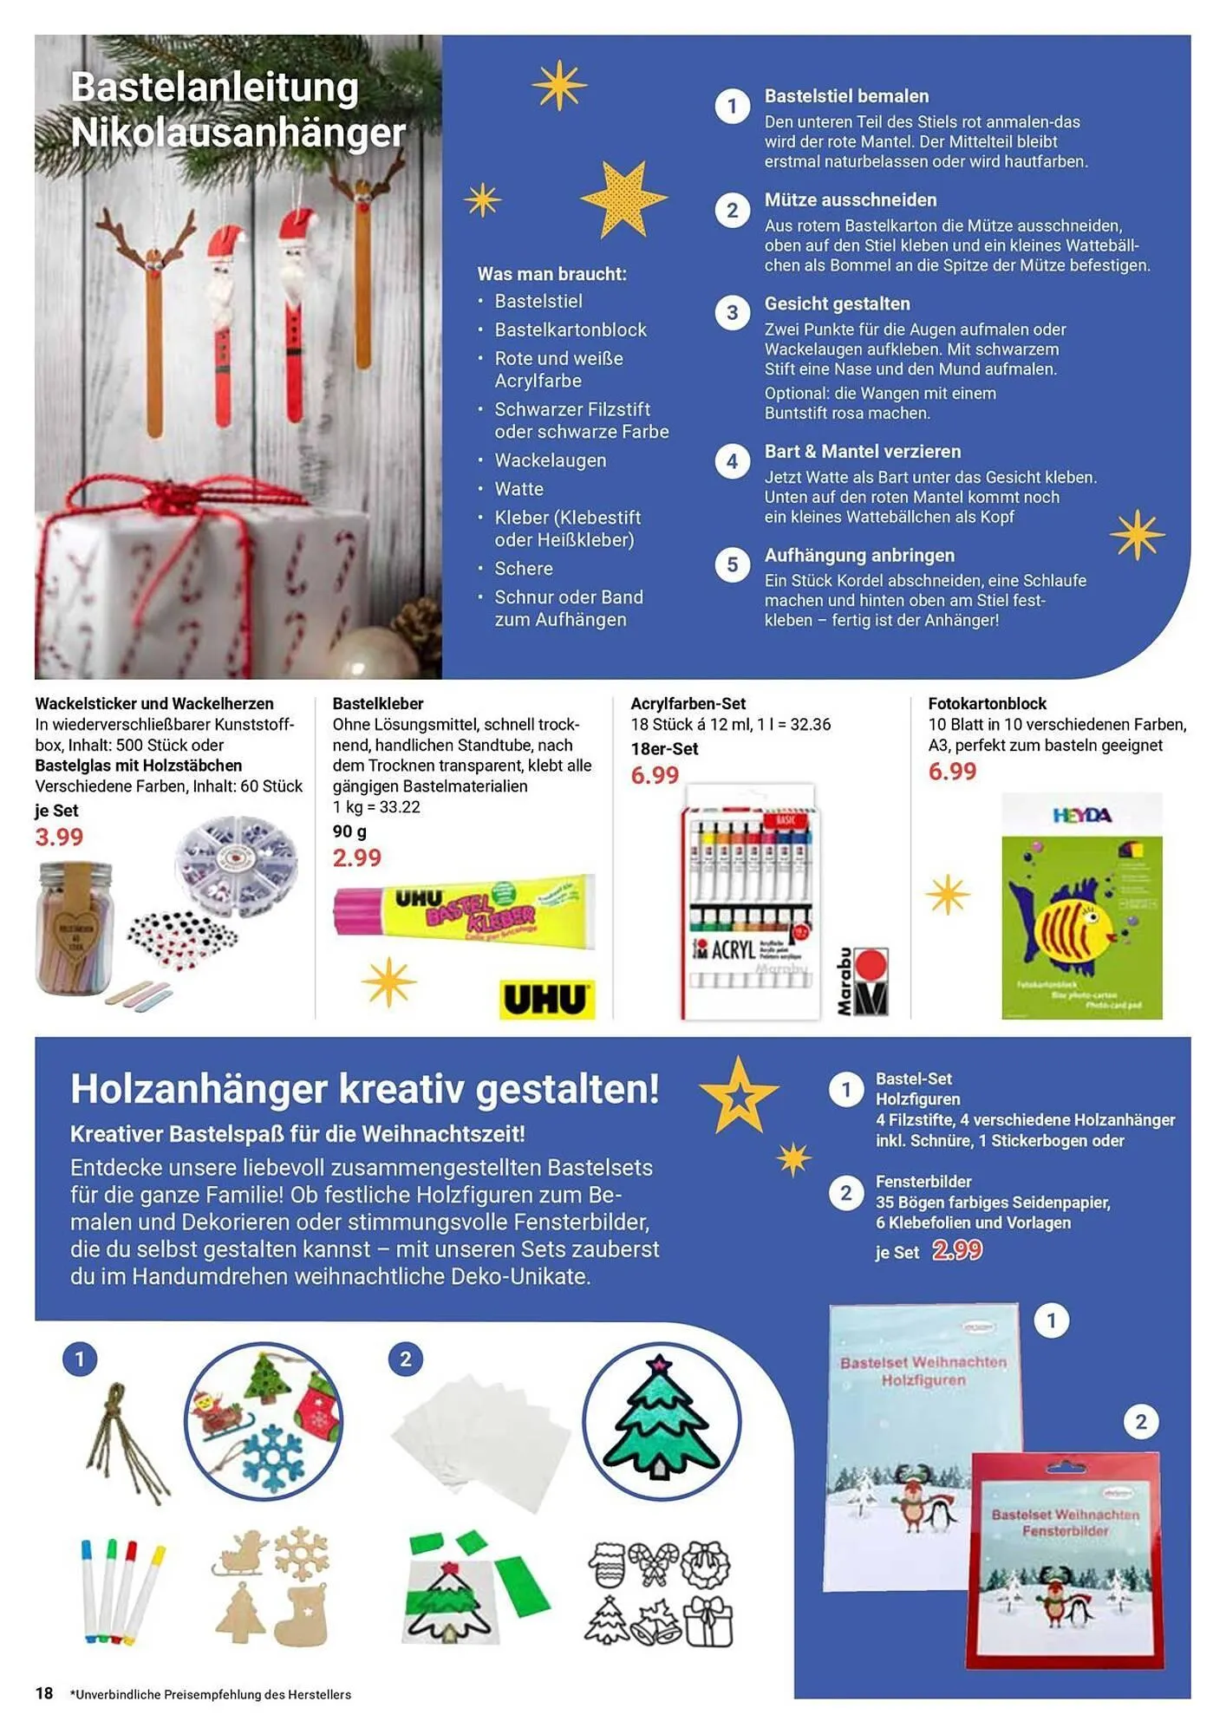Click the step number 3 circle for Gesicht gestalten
[x=733, y=313]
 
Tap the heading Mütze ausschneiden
[x=850, y=200]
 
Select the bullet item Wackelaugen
[x=550, y=460]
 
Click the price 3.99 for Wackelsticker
[x=59, y=838]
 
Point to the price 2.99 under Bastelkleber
[x=356, y=858]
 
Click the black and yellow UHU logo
[x=546, y=1000]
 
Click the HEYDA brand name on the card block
[x=1081, y=816]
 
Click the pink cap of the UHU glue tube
[x=357, y=913]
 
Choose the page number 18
[x=44, y=1693]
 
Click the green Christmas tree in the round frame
[x=661, y=1420]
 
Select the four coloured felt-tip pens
[x=121, y=1591]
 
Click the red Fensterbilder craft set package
[x=1065, y=1561]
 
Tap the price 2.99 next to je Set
[x=957, y=1250]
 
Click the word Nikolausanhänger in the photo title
[x=238, y=134]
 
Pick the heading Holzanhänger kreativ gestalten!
[x=364, y=1089]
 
